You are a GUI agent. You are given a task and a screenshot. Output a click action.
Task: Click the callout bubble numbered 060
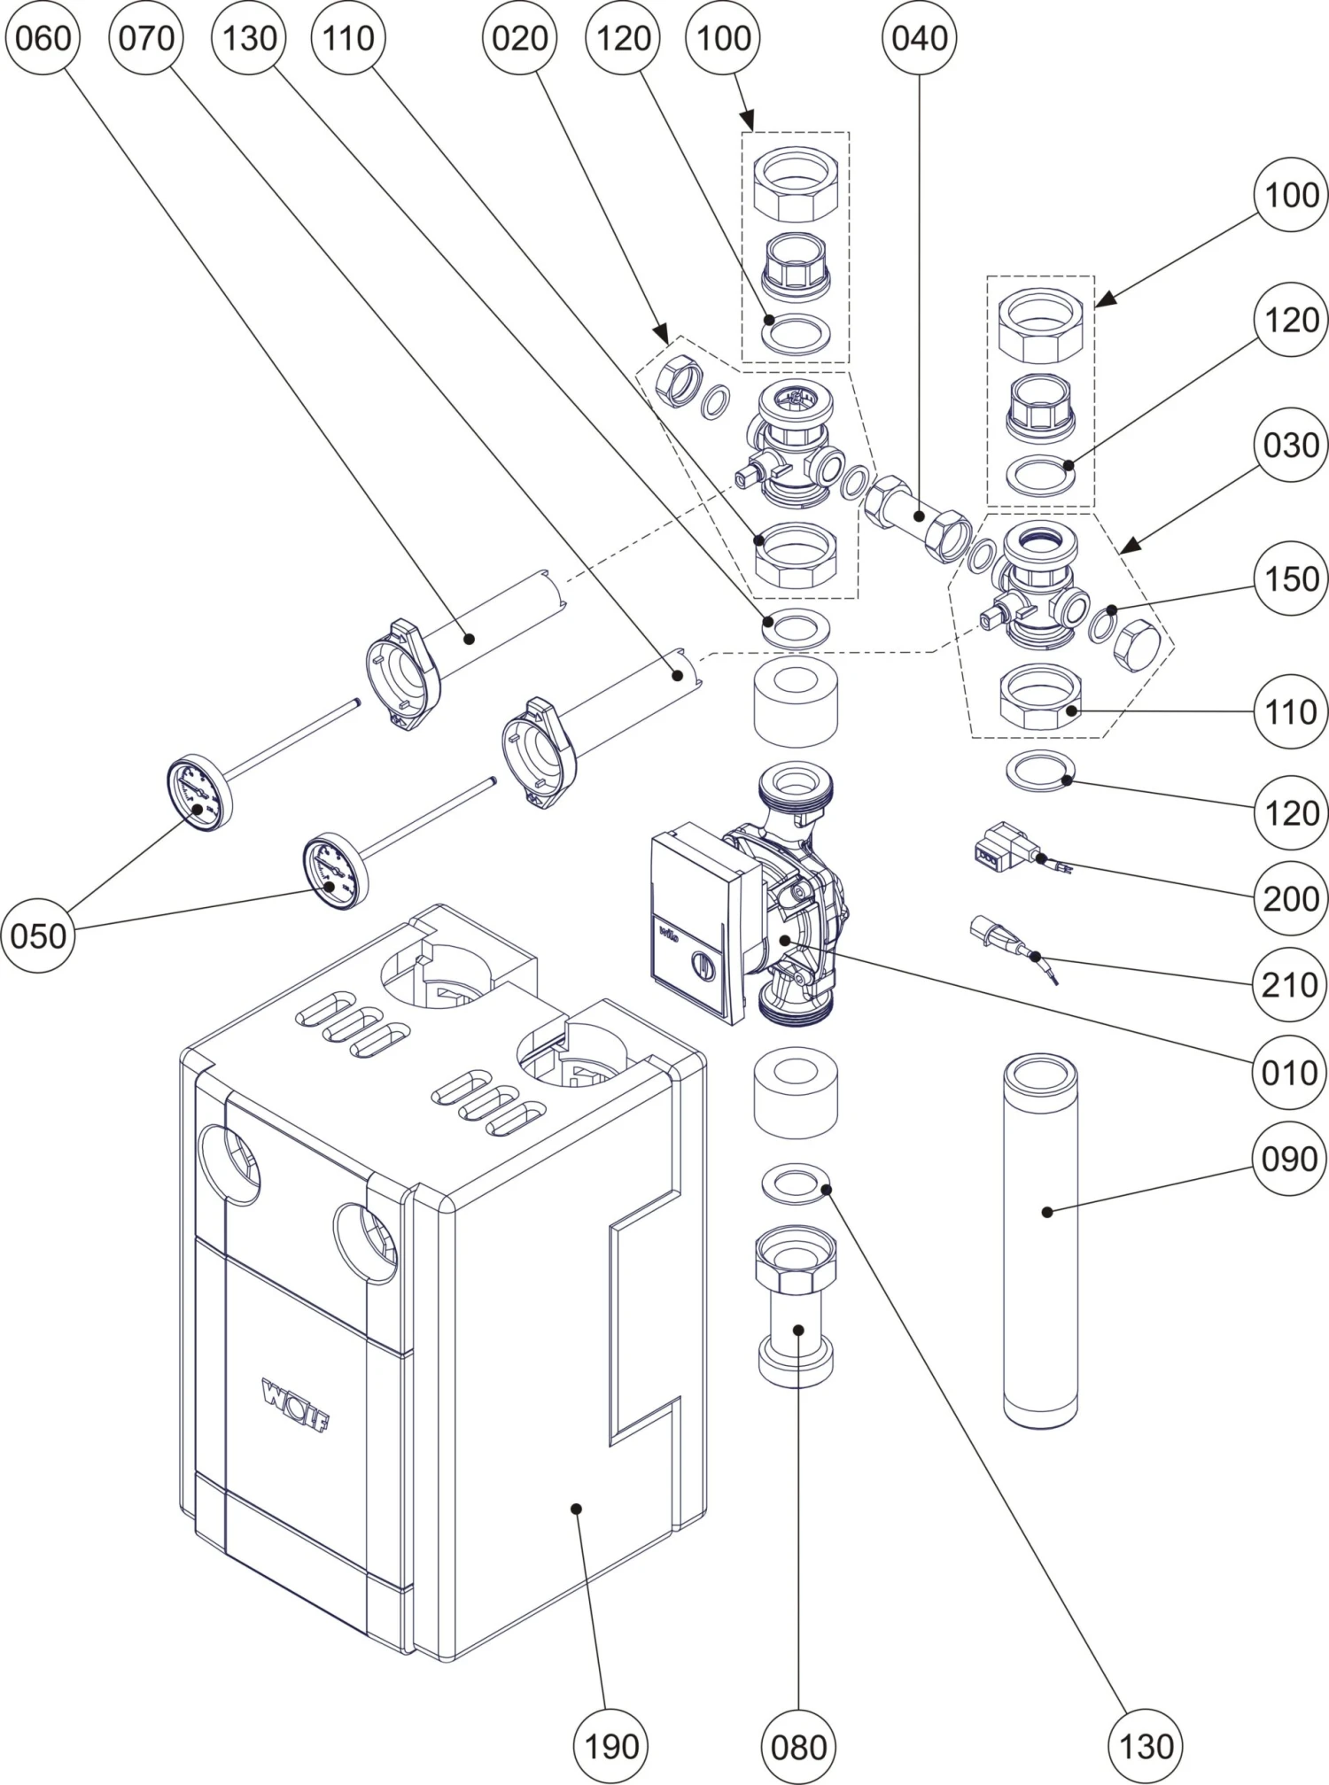[x=42, y=39]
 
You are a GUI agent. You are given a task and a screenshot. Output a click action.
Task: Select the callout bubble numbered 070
[x=145, y=39]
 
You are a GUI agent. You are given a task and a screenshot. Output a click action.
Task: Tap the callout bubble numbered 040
[x=920, y=39]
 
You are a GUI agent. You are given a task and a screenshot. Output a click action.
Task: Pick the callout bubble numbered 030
[x=1291, y=445]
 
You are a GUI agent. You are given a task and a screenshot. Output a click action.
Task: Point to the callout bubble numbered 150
[x=1291, y=579]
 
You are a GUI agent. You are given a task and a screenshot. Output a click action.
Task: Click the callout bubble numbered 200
[x=1291, y=898]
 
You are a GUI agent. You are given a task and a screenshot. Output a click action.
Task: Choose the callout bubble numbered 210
[x=1291, y=984]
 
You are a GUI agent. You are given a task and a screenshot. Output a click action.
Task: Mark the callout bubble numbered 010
[x=1291, y=1073]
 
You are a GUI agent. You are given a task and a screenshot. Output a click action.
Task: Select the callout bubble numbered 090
[x=1291, y=1159]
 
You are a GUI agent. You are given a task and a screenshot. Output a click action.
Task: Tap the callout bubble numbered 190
[x=611, y=1747]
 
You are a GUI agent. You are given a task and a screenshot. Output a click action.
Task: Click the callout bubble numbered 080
[x=798, y=1747]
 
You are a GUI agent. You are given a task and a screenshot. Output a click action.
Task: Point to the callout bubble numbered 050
[x=39, y=935]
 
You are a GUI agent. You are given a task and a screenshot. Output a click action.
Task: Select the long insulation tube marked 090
[x=1040, y=1240]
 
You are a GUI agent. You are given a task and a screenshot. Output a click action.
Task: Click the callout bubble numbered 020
[x=519, y=39]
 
